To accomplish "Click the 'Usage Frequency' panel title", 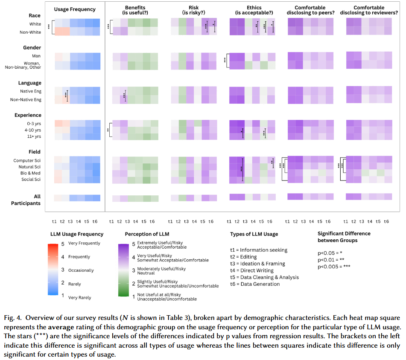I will click(75, 9).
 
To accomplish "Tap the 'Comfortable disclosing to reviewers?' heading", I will click(368, 11).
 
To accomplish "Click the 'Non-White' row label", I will click(30, 32).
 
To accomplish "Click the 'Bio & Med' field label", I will click(30, 173).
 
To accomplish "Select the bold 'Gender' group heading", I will click(32, 48).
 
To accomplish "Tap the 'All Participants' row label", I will click(26, 200).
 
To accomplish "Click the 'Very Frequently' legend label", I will click(84, 243).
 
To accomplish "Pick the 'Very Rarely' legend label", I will click(79, 297).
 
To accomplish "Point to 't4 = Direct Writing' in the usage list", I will click(254, 270).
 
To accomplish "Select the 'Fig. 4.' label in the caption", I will click(13, 319).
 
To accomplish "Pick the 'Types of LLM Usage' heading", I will click(254, 234).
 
